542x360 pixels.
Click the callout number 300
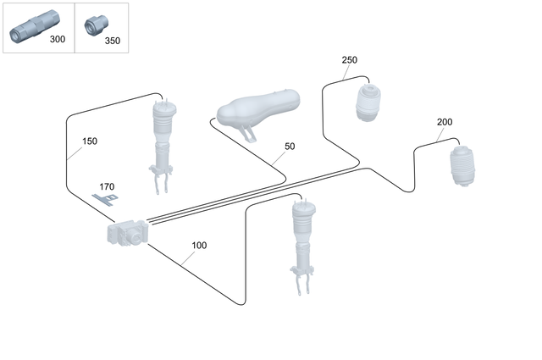pos(57,39)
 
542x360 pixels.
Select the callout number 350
pos(113,39)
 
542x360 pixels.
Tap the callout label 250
pos(350,60)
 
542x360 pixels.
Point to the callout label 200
pos(445,122)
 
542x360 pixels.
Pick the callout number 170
pos(107,186)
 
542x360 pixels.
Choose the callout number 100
pos(199,246)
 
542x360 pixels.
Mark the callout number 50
pos(290,147)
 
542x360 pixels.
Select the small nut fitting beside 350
pos(94,26)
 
